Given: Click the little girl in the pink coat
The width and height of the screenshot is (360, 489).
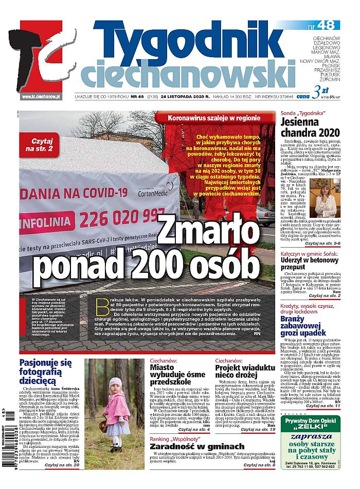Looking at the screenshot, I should pos(116,412).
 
